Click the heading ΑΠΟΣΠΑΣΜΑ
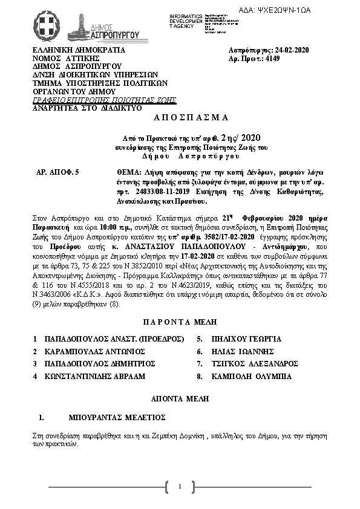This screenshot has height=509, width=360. pos(179,117)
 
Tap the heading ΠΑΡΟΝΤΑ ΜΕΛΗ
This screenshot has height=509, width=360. pos(179,322)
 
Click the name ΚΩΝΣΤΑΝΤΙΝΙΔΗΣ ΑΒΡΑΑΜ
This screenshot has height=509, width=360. pos(95,376)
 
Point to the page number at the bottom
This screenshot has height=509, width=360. pos(180,487)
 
